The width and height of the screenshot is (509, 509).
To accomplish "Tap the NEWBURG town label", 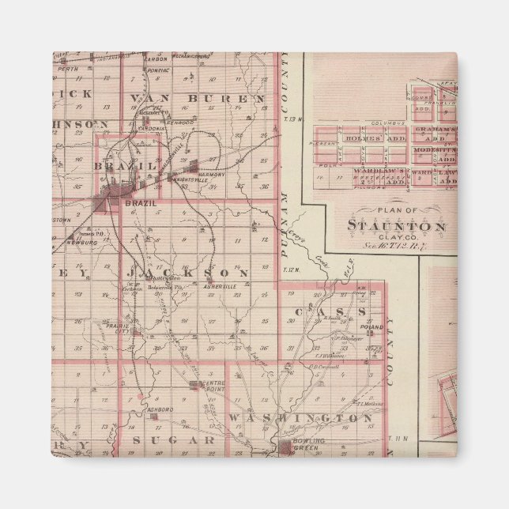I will pyautogui.click(x=81, y=243).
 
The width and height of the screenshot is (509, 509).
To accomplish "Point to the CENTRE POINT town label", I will pyautogui.click(x=214, y=386).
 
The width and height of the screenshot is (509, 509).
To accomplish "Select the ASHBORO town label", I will pyautogui.click(x=160, y=409).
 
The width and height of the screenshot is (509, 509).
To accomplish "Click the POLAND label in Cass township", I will pyautogui.click(x=371, y=326).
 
